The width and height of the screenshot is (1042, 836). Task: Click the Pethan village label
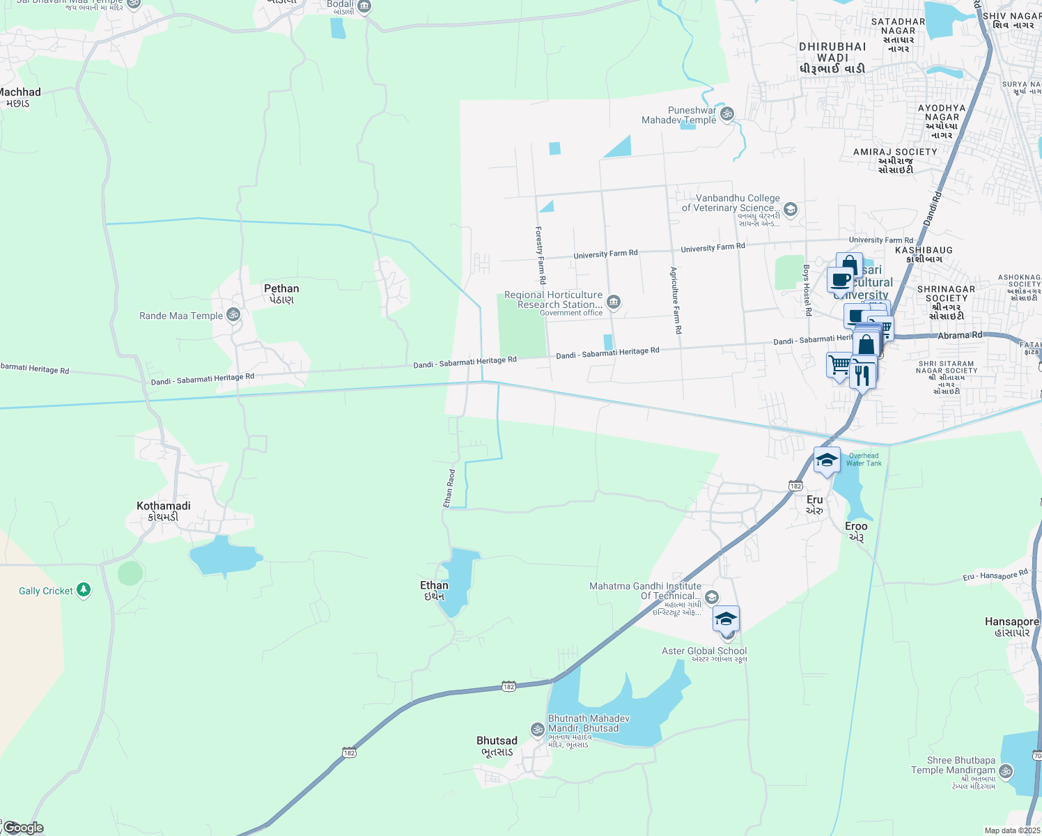281,289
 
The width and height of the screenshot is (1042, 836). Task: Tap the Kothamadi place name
164,506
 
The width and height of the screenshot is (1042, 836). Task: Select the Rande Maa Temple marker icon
233,315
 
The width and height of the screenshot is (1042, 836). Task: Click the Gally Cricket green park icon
84,590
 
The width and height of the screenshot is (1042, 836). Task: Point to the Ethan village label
434,586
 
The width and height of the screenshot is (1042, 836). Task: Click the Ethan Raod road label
450,488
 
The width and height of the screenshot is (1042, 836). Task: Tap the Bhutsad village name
497,741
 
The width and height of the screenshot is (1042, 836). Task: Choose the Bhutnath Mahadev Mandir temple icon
537,729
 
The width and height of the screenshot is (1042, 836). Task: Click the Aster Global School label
703,651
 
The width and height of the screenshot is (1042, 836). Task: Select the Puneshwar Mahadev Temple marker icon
727,114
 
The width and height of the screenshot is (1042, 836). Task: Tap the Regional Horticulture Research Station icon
614,301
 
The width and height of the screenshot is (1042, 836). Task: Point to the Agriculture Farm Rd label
675,300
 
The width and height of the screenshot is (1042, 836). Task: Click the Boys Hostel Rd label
807,290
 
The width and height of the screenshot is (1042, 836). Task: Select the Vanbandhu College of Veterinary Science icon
790,209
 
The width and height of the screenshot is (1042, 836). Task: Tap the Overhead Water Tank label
864,460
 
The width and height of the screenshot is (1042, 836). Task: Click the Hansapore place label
1012,622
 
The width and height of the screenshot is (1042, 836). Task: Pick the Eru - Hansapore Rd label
995,576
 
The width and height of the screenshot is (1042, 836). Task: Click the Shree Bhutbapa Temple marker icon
1005,771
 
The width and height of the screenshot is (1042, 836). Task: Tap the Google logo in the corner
23,828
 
